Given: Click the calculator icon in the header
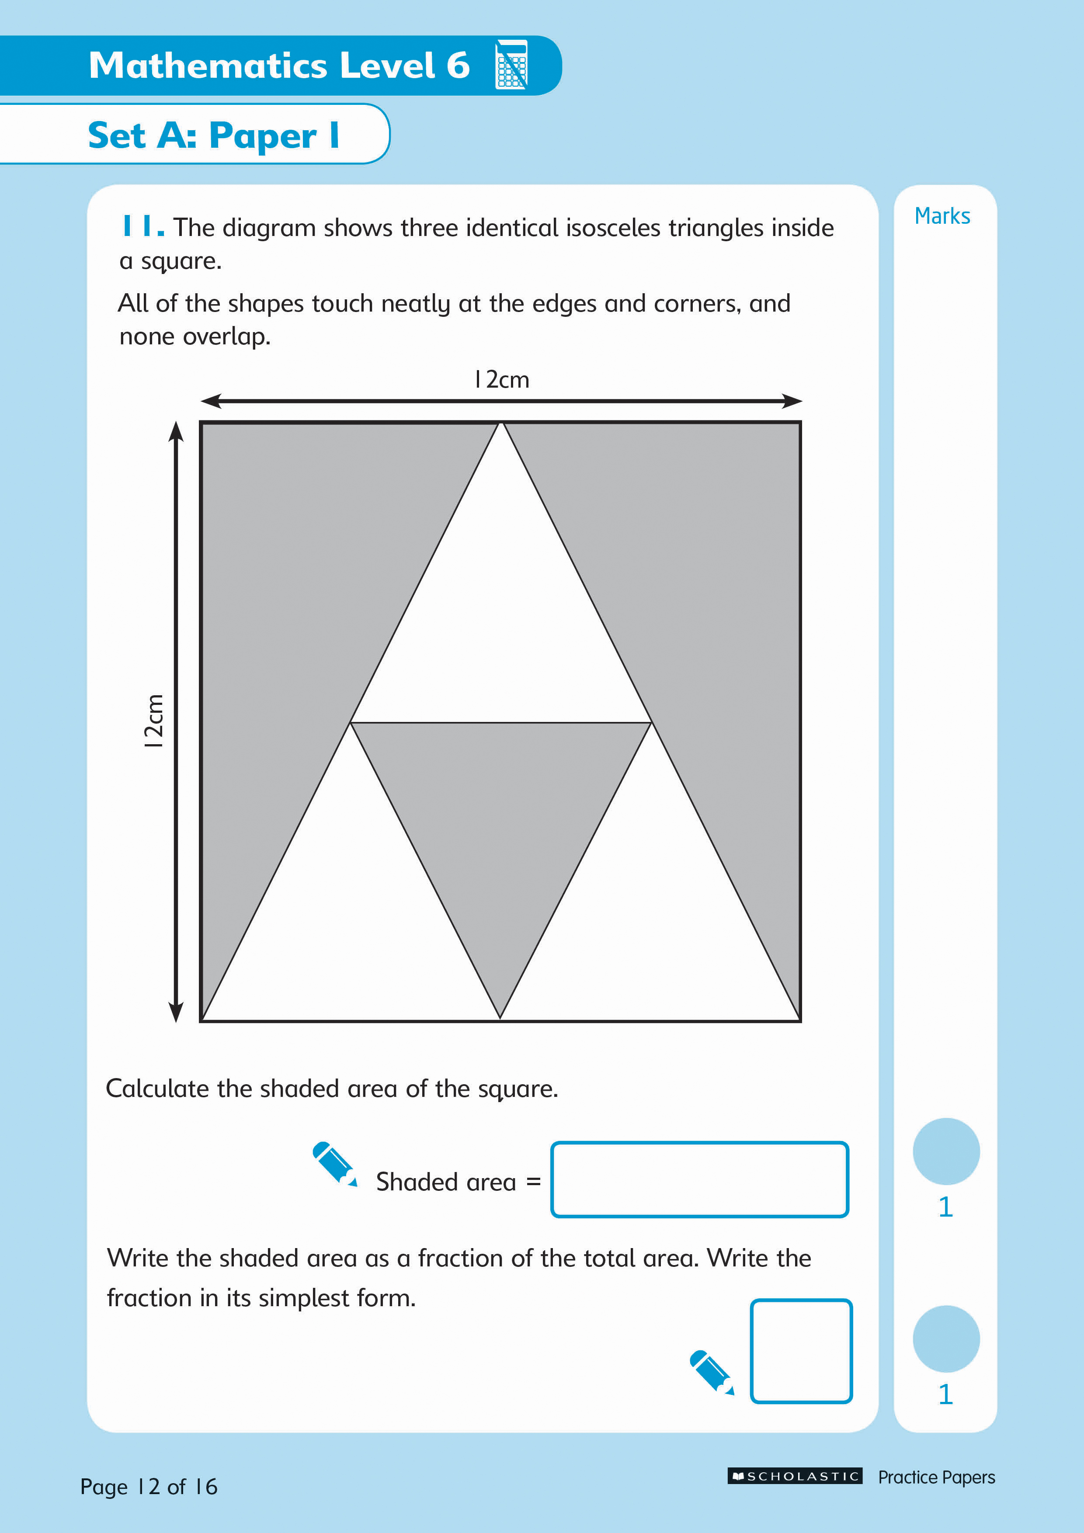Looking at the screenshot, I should (x=511, y=65).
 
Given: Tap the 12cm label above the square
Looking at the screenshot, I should (x=502, y=379).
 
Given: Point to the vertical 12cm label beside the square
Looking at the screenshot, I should (x=153, y=721).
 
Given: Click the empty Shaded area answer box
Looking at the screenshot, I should (x=699, y=1179).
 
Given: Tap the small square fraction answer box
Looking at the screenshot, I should (x=801, y=1351).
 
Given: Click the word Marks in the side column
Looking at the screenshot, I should (x=942, y=216).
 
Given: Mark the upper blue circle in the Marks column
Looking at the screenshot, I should (x=946, y=1151).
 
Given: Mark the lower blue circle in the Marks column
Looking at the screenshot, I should (x=946, y=1339).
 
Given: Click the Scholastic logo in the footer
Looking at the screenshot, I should (x=795, y=1476).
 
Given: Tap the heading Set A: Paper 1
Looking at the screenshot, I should (x=214, y=135).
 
